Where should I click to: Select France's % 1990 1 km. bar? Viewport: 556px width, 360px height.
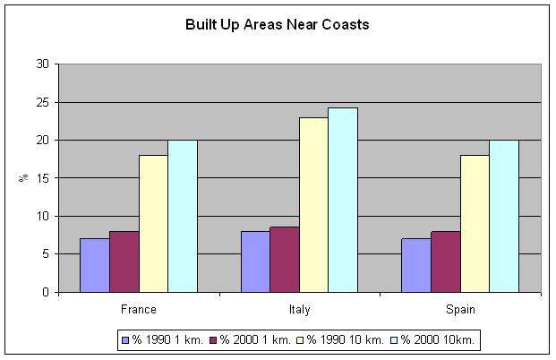(94, 265)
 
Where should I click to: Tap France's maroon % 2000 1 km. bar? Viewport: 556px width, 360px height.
(124, 261)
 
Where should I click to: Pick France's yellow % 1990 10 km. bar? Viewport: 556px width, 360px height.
(153, 224)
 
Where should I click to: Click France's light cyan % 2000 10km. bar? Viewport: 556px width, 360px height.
(182, 216)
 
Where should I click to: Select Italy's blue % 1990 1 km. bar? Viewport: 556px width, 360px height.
(255, 261)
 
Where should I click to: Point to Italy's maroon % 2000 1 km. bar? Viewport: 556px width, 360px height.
(284, 260)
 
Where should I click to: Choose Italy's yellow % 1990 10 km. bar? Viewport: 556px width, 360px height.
(313, 205)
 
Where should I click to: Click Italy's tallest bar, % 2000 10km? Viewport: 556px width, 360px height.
(342, 200)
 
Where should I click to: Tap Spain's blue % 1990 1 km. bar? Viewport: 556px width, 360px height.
(415, 265)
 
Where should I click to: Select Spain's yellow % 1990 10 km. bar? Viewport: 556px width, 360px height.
(474, 224)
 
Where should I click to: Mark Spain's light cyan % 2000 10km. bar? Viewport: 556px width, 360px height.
(503, 216)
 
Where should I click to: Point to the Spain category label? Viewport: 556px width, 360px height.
(459, 309)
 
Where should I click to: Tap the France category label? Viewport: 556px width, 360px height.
(138, 309)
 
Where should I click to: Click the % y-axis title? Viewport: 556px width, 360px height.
(24, 178)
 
